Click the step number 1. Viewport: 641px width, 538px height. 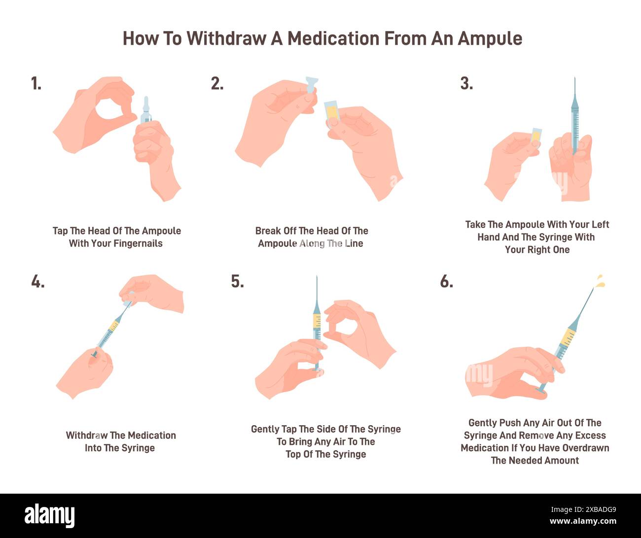(36, 84)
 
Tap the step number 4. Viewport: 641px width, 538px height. (37, 282)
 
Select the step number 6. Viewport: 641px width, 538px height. (446, 282)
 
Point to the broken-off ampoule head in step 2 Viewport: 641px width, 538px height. (311, 85)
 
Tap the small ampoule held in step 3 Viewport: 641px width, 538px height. (536, 136)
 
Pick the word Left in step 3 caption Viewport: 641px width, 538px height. (600, 225)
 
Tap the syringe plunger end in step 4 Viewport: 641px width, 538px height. (94, 353)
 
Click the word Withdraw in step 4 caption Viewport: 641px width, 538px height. (87, 436)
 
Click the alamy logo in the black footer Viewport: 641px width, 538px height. (49, 516)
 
